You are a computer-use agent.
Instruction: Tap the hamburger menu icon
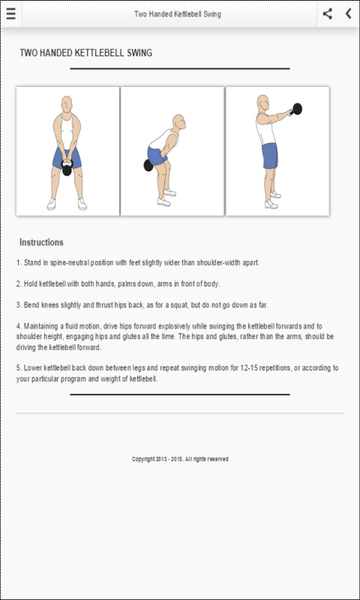[10, 13]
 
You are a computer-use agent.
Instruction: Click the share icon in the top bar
[327, 13]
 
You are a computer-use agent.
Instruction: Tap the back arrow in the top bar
[348, 13]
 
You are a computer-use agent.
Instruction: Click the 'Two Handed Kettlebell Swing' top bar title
[178, 14]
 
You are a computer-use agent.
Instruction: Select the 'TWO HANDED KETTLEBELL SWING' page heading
[86, 52]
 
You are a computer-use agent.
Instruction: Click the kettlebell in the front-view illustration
[67, 169]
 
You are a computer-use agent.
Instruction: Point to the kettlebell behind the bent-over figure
[148, 165]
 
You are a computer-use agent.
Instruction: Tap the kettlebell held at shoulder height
[297, 109]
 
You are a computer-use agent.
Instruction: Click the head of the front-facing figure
[67, 103]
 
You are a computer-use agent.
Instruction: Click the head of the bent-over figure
[178, 122]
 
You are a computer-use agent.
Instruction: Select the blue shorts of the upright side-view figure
[270, 156]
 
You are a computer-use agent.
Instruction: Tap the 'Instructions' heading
[41, 242]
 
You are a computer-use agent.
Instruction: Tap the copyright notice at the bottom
[180, 459]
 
